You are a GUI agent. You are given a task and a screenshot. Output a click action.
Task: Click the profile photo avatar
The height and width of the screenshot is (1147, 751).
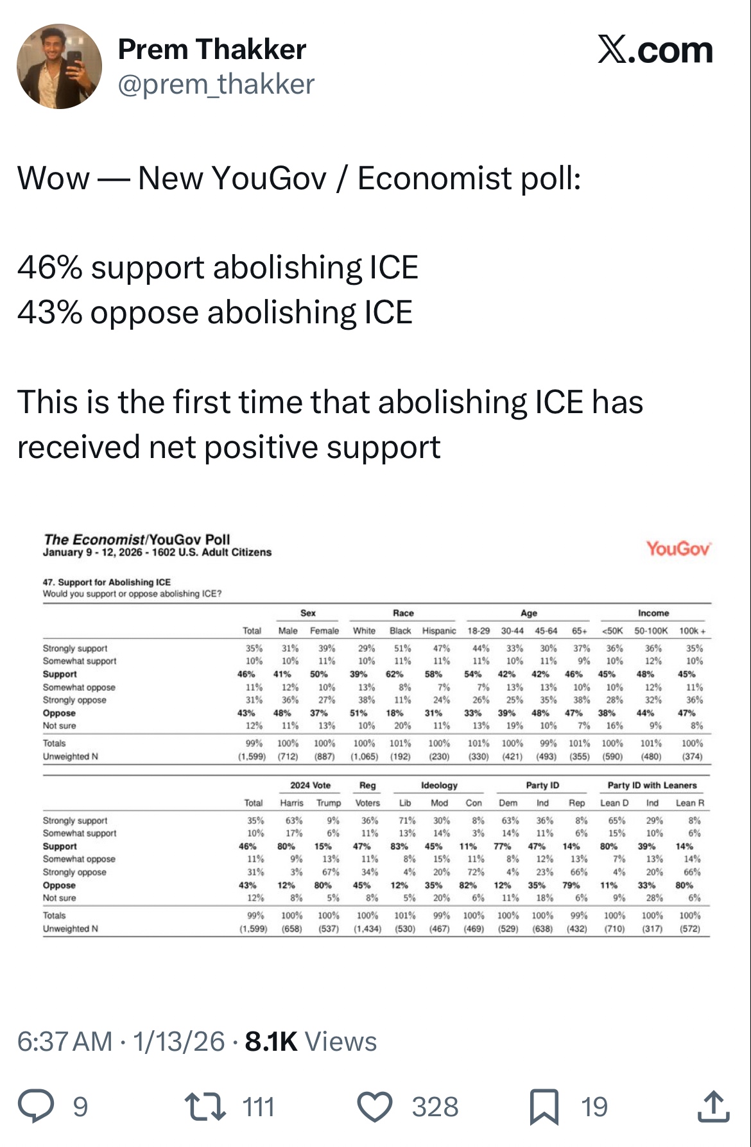coord(59,67)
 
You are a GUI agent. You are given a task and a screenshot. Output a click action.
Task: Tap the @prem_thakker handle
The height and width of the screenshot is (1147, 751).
coord(216,85)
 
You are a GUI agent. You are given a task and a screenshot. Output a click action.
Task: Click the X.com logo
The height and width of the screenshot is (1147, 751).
coord(655,50)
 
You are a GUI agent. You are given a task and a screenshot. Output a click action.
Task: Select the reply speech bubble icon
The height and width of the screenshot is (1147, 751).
coord(36,1106)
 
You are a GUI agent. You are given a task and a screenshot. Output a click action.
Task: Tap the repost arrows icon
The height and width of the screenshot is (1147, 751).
coord(205,1106)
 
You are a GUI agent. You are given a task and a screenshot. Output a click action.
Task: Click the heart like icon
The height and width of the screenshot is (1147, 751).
coord(374,1106)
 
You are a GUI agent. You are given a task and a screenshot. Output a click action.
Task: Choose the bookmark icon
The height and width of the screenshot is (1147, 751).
coord(544,1106)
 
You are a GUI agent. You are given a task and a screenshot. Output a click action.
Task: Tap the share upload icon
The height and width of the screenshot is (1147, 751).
coord(713,1106)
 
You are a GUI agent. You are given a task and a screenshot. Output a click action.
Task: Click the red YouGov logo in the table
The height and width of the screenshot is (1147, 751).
coord(678,548)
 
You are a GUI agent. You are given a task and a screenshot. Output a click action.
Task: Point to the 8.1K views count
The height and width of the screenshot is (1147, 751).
coord(271,1042)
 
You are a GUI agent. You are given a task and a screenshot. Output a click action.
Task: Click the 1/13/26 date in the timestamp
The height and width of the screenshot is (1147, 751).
coord(179,1042)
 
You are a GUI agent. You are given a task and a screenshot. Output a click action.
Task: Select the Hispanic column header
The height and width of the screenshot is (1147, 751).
coord(439,631)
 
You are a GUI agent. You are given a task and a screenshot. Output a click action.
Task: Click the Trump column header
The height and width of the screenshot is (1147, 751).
coord(329,803)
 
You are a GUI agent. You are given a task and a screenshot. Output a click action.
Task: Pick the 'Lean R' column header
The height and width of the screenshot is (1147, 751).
coord(689,803)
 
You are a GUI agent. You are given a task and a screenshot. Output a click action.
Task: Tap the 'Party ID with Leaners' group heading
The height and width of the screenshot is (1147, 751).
coord(652,785)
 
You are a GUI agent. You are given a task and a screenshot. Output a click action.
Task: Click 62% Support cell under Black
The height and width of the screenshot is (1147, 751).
coord(395,674)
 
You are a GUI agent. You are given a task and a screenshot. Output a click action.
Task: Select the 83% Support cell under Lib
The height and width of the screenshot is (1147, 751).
coord(399,846)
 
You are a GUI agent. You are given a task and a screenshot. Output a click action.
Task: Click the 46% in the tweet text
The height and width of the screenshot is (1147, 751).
coord(49,268)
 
